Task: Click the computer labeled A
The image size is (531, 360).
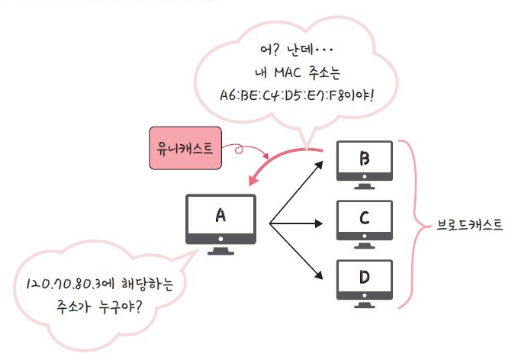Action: click(x=220, y=221)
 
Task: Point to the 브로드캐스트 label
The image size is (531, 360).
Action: click(x=468, y=226)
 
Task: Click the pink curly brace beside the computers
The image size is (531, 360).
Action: click(x=412, y=225)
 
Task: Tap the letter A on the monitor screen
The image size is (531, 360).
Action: click(x=220, y=215)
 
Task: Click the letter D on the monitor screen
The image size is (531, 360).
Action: click(x=365, y=275)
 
